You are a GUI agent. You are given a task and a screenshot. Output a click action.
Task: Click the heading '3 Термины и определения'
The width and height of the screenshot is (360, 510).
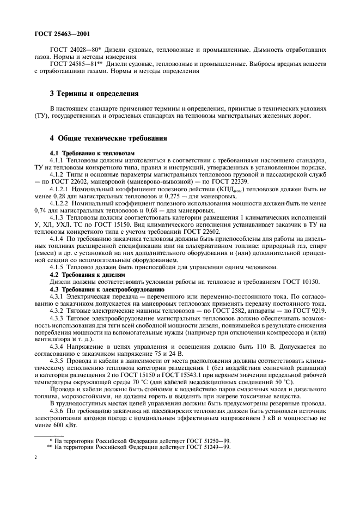pyautogui.click(x=94, y=93)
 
